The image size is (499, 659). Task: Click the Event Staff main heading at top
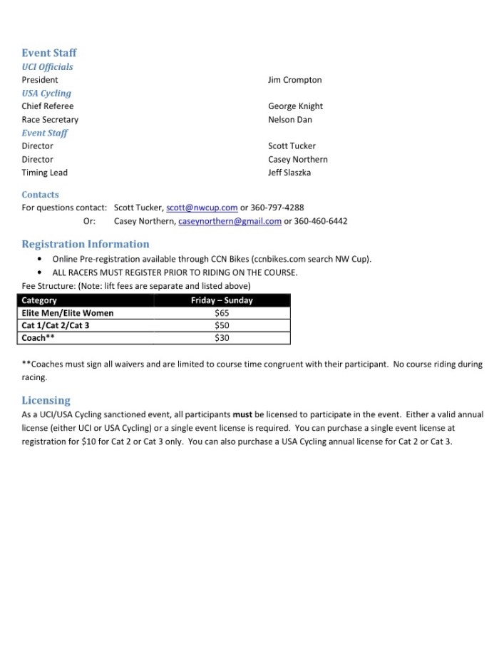tap(48, 53)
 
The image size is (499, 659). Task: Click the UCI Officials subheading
tap(47, 66)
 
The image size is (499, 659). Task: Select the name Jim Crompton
tap(294, 80)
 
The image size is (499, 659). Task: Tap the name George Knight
tap(295, 106)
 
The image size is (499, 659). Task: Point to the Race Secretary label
tap(50, 120)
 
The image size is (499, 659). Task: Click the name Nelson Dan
tap(289, 120)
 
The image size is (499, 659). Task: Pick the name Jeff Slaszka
tap(289, 173)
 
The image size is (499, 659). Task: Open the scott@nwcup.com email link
tap(202, 208)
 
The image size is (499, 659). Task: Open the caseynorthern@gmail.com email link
tap(230, 221)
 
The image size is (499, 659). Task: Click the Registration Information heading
tap(86, 244)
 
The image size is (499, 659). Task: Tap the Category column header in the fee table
tap(39, 300)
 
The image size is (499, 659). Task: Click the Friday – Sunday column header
tap(221, 300)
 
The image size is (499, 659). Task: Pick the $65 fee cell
tap(221, 312)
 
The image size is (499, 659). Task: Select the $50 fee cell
tap(221, 325)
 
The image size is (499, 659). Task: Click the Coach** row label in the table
tap(38, 338)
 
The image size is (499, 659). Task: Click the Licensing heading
tap(46, 400)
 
